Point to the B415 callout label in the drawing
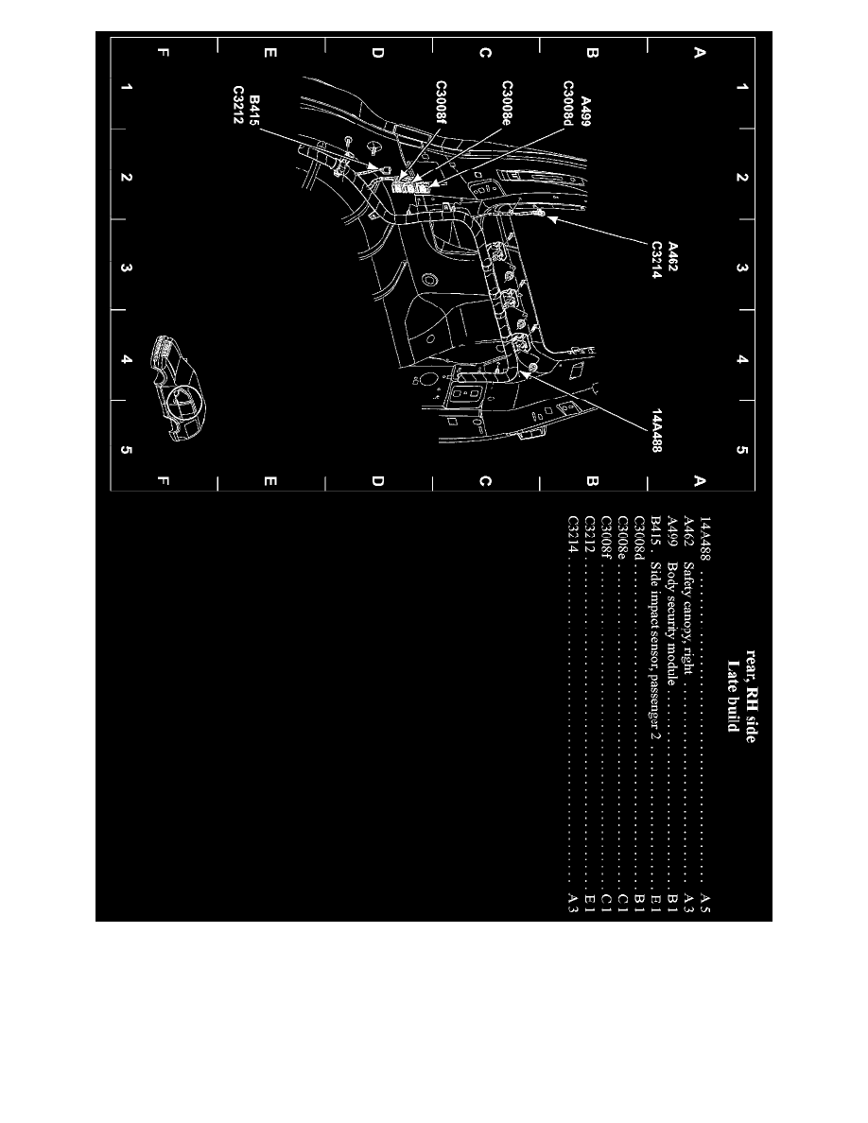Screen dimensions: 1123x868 (x=256, y=112)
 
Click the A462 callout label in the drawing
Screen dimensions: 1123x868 (x=673, y=258)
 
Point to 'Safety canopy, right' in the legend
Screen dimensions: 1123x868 (x=689, y=616)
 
